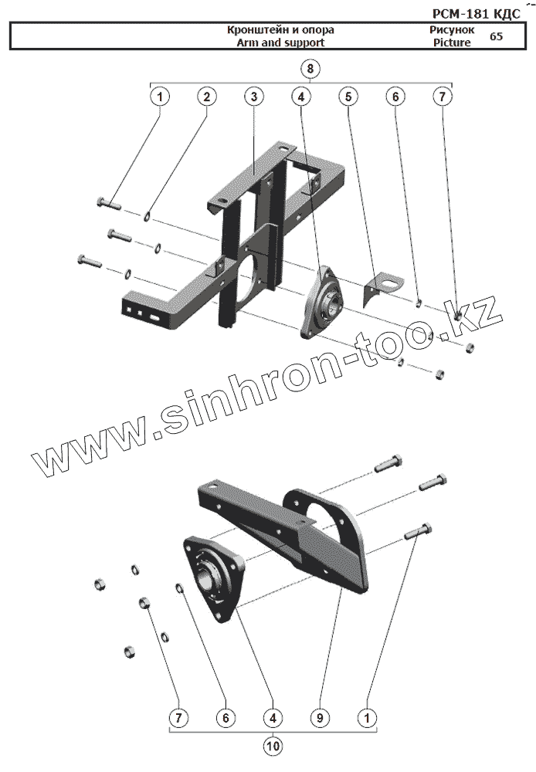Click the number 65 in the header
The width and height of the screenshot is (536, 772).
click(x=496, y=36)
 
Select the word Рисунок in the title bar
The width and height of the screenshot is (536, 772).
click(x=453, y=30)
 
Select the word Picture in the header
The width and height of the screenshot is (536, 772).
click(x=452, y=42)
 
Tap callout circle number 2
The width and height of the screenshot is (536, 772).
click(x=206, y=97)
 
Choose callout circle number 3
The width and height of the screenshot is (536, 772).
click(x=253, y=97)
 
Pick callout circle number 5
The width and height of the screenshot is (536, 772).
click(x=348, y=97)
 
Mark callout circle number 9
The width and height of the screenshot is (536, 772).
click(x=319, y=718)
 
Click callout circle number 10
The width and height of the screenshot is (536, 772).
click(x=272, y=747)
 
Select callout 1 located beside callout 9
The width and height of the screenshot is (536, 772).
click(x=366, y=718)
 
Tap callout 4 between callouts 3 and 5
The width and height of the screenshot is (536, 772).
click(x=300, y=97)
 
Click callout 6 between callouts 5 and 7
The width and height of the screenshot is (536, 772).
click(x=395, y=97)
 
